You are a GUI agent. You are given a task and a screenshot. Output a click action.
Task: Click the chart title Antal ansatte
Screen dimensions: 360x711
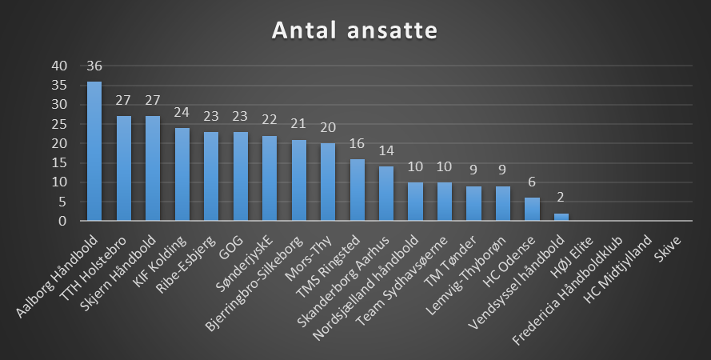pos(354,30)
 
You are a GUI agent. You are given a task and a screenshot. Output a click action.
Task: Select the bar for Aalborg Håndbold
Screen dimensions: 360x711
pos(94,151)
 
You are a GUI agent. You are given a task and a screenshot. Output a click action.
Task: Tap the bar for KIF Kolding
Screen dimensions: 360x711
pos(182,174)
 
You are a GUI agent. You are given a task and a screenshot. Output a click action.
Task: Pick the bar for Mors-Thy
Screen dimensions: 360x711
pos(328,182)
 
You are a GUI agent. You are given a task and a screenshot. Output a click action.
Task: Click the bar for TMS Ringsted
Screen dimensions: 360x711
pos(357,190)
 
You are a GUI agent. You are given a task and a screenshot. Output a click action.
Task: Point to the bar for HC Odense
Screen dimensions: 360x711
pos(532,209)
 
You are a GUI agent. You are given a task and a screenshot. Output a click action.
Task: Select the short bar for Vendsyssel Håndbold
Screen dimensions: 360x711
pos(561,217)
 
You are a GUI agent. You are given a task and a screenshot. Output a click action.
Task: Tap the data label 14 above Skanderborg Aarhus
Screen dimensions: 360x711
pos(386,152)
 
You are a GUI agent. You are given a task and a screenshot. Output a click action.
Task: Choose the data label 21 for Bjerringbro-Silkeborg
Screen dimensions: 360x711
pos(298,125)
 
